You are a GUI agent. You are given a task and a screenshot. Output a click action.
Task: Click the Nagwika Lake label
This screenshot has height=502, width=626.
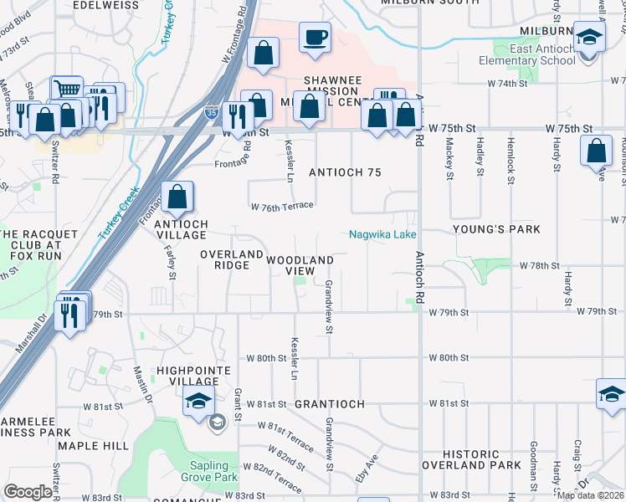(x=382, y=235)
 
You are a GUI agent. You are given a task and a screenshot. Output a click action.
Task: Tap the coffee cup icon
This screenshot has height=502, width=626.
(x=315, y=38)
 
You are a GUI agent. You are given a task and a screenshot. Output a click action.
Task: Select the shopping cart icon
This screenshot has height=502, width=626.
(x=67, y=89)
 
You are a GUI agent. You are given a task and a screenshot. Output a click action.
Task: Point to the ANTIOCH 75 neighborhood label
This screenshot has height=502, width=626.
(x=345, y=172)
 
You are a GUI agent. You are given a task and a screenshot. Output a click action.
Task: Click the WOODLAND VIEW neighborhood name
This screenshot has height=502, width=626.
(x=300, y=265)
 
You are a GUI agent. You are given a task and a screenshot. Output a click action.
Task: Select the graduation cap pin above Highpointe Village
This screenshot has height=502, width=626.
(x=198, y=402)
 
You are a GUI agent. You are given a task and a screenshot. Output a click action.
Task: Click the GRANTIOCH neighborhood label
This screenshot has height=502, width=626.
(x=330, y=404)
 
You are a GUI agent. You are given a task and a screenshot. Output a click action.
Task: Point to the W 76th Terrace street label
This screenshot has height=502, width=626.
(x=282, y=206)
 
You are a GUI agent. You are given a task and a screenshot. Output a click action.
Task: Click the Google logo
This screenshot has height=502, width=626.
(x=28, y=492)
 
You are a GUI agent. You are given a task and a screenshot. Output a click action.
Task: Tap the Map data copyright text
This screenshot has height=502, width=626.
(x=590, y=494)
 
